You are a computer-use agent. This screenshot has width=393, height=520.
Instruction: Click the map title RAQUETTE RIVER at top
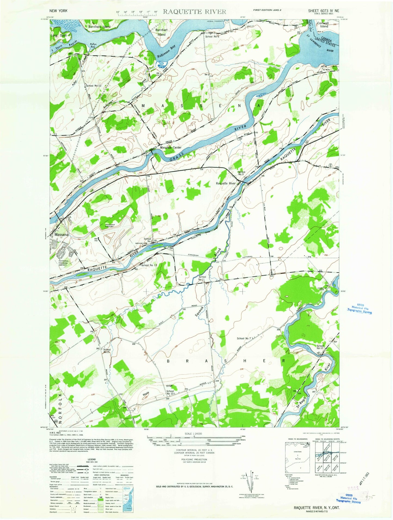point(194,11)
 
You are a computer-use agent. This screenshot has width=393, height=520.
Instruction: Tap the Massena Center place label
point(171,148)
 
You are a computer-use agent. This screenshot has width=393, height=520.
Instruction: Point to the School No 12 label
point(94,86)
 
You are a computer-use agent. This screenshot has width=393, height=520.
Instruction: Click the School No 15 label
point(107,351)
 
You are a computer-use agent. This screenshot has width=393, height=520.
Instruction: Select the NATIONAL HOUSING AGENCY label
point(64,263)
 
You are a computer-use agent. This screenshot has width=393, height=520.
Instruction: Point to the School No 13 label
point(149,265)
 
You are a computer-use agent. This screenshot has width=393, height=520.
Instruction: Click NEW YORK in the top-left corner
point(58,11)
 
